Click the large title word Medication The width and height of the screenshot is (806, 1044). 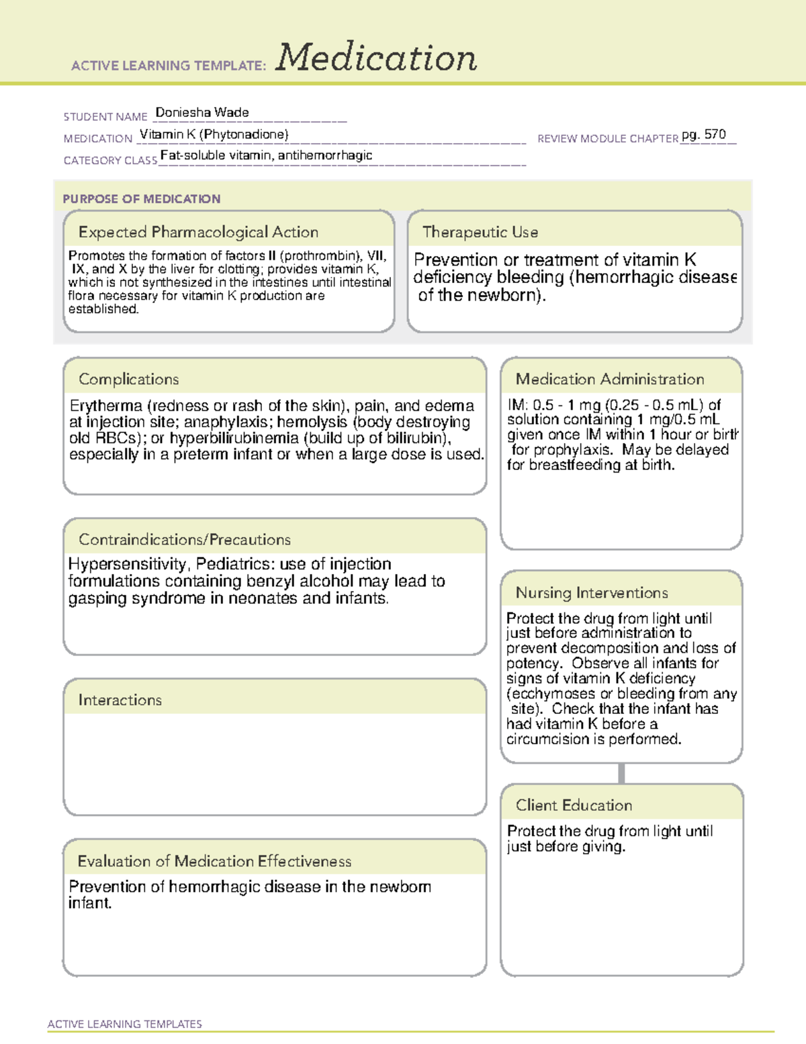pyautogui.click(x=376, y=58)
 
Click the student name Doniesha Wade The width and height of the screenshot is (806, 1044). pyautogui.click(x=202, y=112)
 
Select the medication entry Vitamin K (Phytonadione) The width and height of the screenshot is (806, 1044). pyautogui.click(x=214, y=134)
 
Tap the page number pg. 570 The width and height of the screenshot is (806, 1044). pyautogui.click(x=703, y=134)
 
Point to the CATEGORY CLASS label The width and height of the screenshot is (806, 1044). pyautogui.click(x=110, y=161)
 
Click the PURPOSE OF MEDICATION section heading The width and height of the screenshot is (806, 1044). pyautogui.click(x=141, y=199)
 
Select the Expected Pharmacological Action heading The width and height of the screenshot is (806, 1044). pyautogui.click(x=198, y=232)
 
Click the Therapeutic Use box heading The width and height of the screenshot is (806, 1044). pyautogui.click(x=480, y=232)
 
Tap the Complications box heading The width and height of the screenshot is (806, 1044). pyautogui.click(x=128, y=379)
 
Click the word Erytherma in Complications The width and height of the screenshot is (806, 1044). pyautogui.click(x=106, y=406)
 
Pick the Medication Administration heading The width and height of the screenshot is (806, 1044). pyautogui.click(x=609, y=379)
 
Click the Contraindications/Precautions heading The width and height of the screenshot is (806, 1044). pyautogui.click(x=184, y=540)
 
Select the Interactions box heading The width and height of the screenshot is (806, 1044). pyautogui.click(x=120, y=700)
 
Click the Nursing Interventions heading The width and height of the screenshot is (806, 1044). pyautogui.click(x=591, y=593)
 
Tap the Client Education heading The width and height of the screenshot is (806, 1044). pyautogui.click(x=574, y=805)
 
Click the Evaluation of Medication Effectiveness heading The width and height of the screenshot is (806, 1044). pyautogui.click(x=214, y=861)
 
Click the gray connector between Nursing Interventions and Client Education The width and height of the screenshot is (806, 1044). pyautogui.click(x=621, y=773)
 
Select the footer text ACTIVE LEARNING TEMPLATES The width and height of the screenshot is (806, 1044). pyautogui.click(x=124, y=1024)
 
